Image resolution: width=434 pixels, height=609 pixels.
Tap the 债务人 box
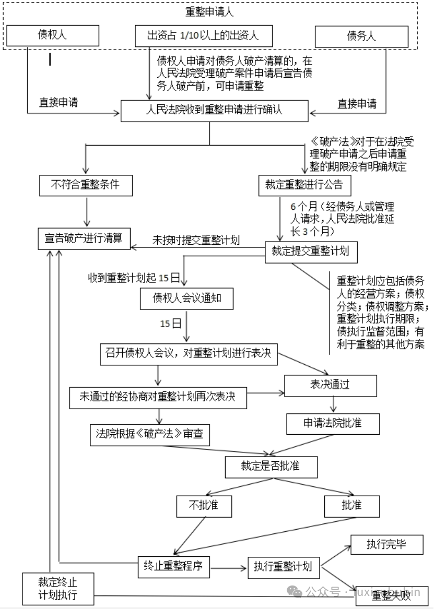click(x=361, y=36)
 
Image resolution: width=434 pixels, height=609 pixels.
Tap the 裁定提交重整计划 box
click(x=311, y=251)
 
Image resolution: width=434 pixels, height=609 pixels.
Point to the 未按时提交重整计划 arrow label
click(x=196, y=240)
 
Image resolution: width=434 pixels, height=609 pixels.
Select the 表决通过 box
click(x=330, y=385)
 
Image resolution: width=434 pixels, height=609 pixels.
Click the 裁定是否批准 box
click(x=271, y=466)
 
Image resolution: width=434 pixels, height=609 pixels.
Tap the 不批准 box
click(x=204, y=505)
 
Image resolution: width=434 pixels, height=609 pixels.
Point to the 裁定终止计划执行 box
click(x=57, y=589)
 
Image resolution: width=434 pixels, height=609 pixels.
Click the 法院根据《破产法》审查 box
click(x=150, y=434)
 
